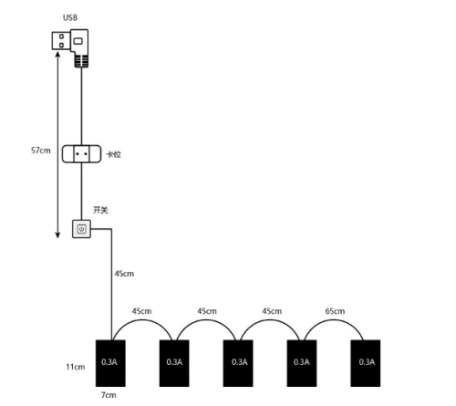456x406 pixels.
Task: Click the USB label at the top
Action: click(70, 17)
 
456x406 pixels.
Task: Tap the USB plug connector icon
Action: click(70, 48)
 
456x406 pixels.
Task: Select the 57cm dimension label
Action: click(41, 151)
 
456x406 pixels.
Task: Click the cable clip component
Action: click(81, 154)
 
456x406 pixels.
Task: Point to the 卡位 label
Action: click(114, 154)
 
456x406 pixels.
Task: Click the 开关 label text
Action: click(100, 210)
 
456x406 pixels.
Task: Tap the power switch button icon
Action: click(81, 229)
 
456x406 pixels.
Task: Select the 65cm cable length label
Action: click(335, 311)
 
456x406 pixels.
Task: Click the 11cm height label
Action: click(76, 367)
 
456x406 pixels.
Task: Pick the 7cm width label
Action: click(109, 395)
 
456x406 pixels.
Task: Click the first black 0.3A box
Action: click(110, 363)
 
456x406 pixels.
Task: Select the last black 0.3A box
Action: click(366, 363)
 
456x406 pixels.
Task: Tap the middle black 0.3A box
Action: click(238, 363)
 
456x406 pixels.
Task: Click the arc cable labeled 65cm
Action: click(334, 320)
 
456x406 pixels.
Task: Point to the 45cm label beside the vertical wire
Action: click(124, 274)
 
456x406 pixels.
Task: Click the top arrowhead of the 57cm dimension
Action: click(57, 54)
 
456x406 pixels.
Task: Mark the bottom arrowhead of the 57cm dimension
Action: click(57, 235)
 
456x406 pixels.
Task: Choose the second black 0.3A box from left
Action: click(174, 363)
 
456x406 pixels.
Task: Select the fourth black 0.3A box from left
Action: click(302, 363)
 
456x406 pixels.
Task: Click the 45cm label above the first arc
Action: click(141, 311)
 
